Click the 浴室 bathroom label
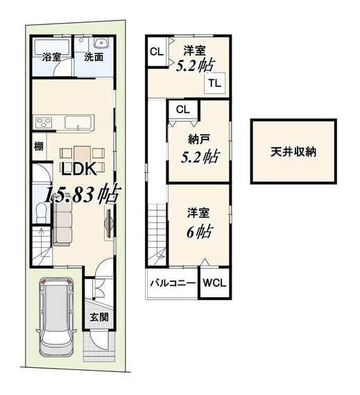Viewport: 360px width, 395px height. tap(51, 57)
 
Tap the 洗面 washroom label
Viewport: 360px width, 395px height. tap(94, 57)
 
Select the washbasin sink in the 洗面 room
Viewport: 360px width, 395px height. tap(101, 42)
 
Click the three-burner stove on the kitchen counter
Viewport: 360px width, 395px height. tap(44, 123)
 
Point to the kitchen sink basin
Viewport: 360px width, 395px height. tap(77, 122)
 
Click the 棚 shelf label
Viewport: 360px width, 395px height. tap(39, 146)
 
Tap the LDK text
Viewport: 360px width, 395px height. tap(79, 169)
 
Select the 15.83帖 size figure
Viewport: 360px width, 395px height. tap(82, 194)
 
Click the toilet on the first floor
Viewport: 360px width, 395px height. tap(40, 212)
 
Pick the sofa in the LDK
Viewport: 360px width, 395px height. tap(62, 224)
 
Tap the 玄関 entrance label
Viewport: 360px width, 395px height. tap(99, 317)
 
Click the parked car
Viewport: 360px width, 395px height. tap(57, 317)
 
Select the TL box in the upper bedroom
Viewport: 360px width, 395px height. tap(215, 83)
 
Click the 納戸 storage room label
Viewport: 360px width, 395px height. tap(199, 140)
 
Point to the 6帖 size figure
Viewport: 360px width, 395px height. tap(198, 231)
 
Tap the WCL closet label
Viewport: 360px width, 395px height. tap(214, 283)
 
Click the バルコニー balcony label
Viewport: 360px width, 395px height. tap(173, 283)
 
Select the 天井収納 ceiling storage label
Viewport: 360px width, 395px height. tap(293, 151)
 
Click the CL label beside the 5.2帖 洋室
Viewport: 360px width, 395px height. tap(157, 51)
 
